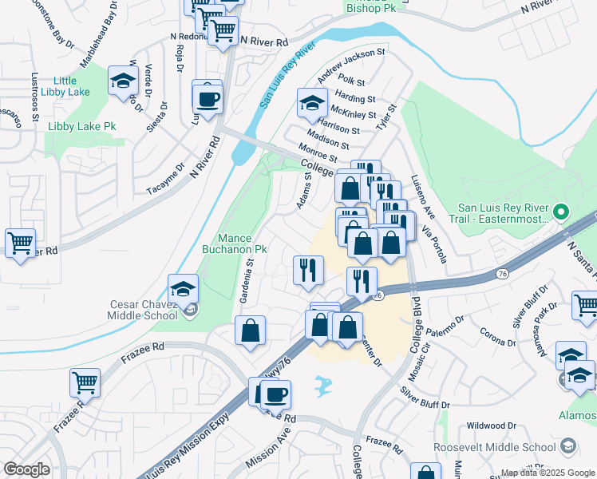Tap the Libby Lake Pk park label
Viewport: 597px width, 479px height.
click(x=82, y=126)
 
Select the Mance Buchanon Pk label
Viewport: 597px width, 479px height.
click(x=243, y=243)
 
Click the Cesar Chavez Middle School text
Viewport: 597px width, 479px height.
click(x=144, y=309)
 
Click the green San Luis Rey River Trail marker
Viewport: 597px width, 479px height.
click(x=561, y=212)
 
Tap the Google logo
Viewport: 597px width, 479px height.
click(x=26, y=469)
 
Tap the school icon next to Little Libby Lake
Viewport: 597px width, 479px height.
click(x=122, y=79)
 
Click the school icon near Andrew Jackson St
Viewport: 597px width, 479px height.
click(x=311, y=101)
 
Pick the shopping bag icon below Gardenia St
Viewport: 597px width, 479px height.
click(x=250, y=331)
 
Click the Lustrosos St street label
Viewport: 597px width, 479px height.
click(x=35, y=97)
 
